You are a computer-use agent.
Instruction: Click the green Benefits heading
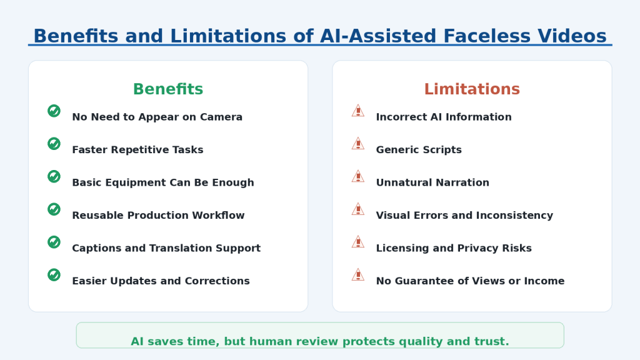tap(167, 89)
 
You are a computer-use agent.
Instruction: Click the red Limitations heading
tap(472, 89)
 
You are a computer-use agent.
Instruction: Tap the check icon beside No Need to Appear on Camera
tap(54, 111)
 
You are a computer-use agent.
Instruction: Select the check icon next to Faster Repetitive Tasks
tap(54, 144)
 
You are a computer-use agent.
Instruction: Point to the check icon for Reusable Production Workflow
tap(54, 209)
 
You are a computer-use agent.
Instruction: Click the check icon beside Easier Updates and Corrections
tap(54, 275)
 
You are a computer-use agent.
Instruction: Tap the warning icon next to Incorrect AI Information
tap(358, 111)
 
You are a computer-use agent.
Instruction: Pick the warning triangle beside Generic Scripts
tap(358, 144)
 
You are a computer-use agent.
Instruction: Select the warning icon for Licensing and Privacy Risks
tap(358, 242)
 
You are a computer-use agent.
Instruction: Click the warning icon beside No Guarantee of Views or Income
tap(358, 275)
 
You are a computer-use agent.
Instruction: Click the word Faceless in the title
tap(486, 36)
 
